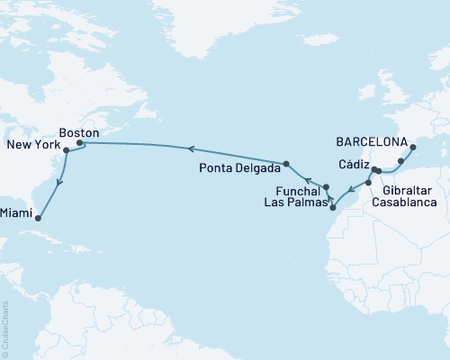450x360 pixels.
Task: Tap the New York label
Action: (33, 145)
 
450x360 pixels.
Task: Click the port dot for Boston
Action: (79, 142)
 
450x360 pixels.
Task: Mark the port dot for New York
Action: (67, 150)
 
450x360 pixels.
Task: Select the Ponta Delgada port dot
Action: (286, 164)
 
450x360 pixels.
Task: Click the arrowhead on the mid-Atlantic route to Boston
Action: (190, 148)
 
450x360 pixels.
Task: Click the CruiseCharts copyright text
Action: (5, 328)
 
